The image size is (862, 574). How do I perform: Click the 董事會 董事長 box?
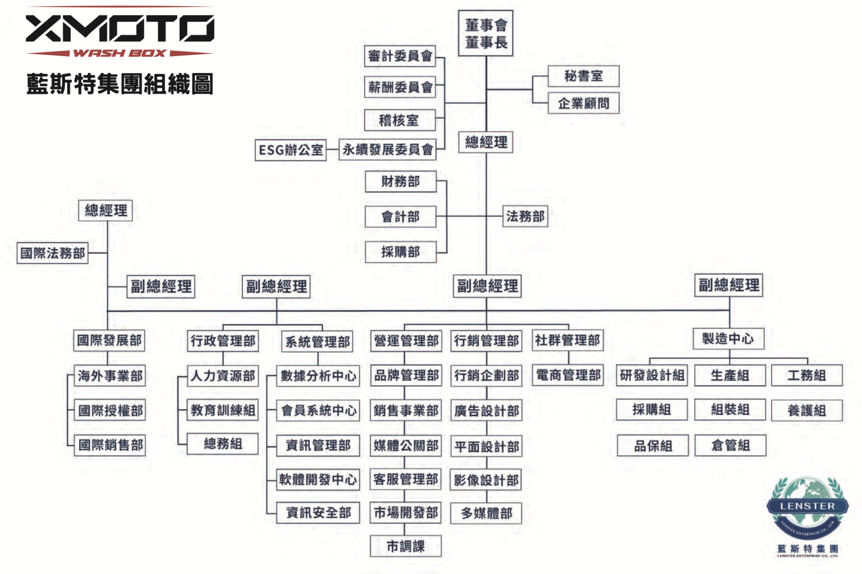tap(485, 34)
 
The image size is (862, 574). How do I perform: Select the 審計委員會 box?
tap(400, 56)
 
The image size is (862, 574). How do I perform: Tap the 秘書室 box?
tap(584, 76)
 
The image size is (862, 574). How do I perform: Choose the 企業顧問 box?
tap(584, 103)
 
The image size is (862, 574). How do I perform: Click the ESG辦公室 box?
tap(291, 150)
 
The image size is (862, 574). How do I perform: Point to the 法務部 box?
tap(525, 216)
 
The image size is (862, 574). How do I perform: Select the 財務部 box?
tap(401, 182)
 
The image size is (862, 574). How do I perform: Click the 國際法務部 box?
tap(52, 253)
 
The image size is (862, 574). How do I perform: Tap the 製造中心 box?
tap(728, 339)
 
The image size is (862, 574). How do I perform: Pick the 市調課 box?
tap(406, 546)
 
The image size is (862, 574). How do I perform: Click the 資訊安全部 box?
tap(318, 512)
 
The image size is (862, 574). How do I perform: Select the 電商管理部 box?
tap(568, 375)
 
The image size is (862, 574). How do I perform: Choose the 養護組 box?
tap(807, 411)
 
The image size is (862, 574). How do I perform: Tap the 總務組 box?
tap(222, 444)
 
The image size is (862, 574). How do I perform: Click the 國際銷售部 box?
tap(109, 445)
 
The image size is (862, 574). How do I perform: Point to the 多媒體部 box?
tap(486, 513)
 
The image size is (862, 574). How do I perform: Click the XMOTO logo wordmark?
tap(120, 29)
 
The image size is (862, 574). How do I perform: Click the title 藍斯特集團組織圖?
tap(120, 84)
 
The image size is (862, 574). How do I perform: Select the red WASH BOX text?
tap(120, 53)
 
